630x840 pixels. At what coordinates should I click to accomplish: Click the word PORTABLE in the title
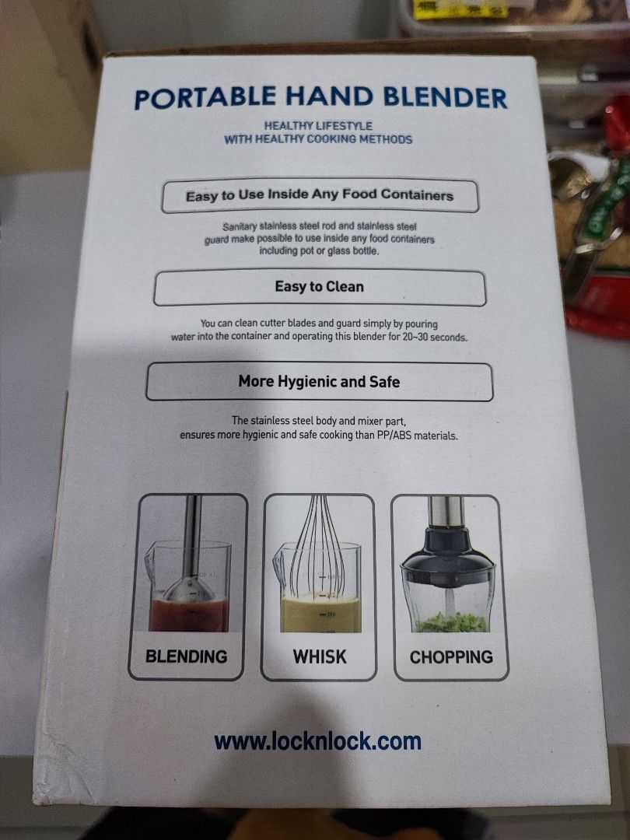(205, 98)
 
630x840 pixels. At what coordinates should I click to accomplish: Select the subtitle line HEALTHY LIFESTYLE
(318, 126)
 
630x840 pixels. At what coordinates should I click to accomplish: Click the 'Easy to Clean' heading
(320, 286)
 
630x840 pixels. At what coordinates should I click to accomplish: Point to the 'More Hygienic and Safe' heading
(320, 381)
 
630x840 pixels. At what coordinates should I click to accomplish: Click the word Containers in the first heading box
(417, 195)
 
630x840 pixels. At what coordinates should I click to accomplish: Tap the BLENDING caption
(187, 656)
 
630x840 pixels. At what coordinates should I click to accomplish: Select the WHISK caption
(320, 656)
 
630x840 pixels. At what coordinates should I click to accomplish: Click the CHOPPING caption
(451, 657)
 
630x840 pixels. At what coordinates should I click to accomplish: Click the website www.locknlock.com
(317, 742)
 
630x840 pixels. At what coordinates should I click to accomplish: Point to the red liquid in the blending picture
(189, 615)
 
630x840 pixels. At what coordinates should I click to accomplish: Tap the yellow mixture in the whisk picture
(321, 615)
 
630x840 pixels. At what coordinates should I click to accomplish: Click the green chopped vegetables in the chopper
(452, 622)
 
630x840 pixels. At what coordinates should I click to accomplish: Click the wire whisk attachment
(317, 547)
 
